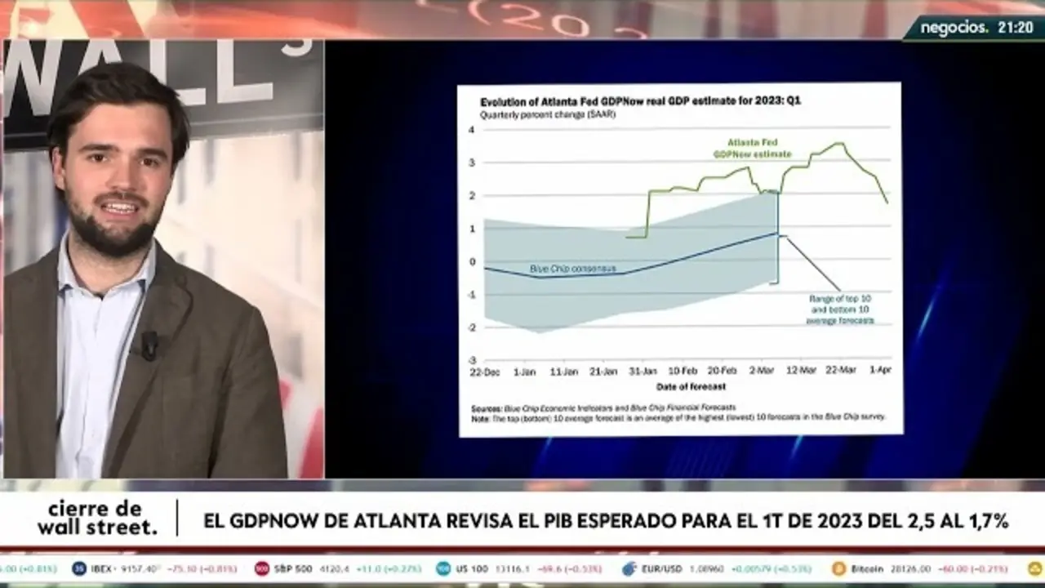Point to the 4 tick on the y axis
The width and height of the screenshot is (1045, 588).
(471, 130)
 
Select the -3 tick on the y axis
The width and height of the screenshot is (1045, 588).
(470, 359)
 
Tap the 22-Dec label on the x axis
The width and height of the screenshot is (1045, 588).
(485, 372)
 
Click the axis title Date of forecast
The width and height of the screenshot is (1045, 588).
(690, 386)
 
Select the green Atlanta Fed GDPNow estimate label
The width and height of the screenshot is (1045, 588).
(740, 148)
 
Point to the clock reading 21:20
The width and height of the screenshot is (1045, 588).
(1015, 27)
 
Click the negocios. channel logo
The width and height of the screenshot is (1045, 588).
(954, 27)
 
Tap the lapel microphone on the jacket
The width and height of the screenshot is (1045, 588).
(149, 345)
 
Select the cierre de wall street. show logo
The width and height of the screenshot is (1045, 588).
(97, 519)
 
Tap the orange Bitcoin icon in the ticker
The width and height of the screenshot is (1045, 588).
(838, 568)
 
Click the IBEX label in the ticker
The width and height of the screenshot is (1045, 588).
(101, 568)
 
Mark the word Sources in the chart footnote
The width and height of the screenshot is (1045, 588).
(487, 407)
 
